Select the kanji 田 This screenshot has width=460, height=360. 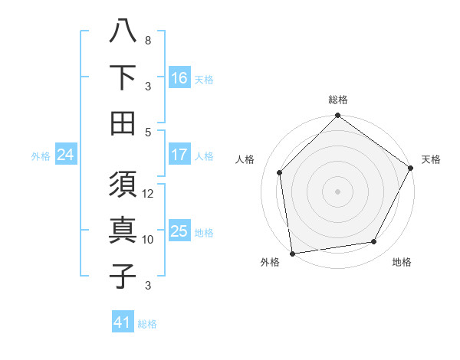(x=123, y=123)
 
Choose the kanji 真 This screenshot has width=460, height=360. (x=123, y=231)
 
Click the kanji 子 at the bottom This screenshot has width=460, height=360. (x=123, y=277)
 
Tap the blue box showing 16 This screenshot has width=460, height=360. (x=179, y=78)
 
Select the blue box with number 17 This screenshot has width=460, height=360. (x=179, y=155)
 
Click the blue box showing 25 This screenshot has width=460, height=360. (x=179, y=231)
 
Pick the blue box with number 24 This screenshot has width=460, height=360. (x=66, y=155)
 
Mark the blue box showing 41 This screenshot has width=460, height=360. (x=123, y=322)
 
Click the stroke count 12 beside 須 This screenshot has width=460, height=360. (x=148, y=194)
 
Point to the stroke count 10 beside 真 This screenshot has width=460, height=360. (x=148, y=240)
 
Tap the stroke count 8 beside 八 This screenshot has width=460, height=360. (x=148, y=41)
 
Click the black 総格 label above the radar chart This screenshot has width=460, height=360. (x=337, y=100)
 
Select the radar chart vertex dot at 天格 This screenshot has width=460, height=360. (x=412, y=168)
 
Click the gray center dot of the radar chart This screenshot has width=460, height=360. (x=337, y=191)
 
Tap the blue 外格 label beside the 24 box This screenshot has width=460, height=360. (x=41, y=155)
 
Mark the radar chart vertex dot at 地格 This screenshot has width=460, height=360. (x=374, y=242)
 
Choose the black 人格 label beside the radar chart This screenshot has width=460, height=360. (x=246, y=159)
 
